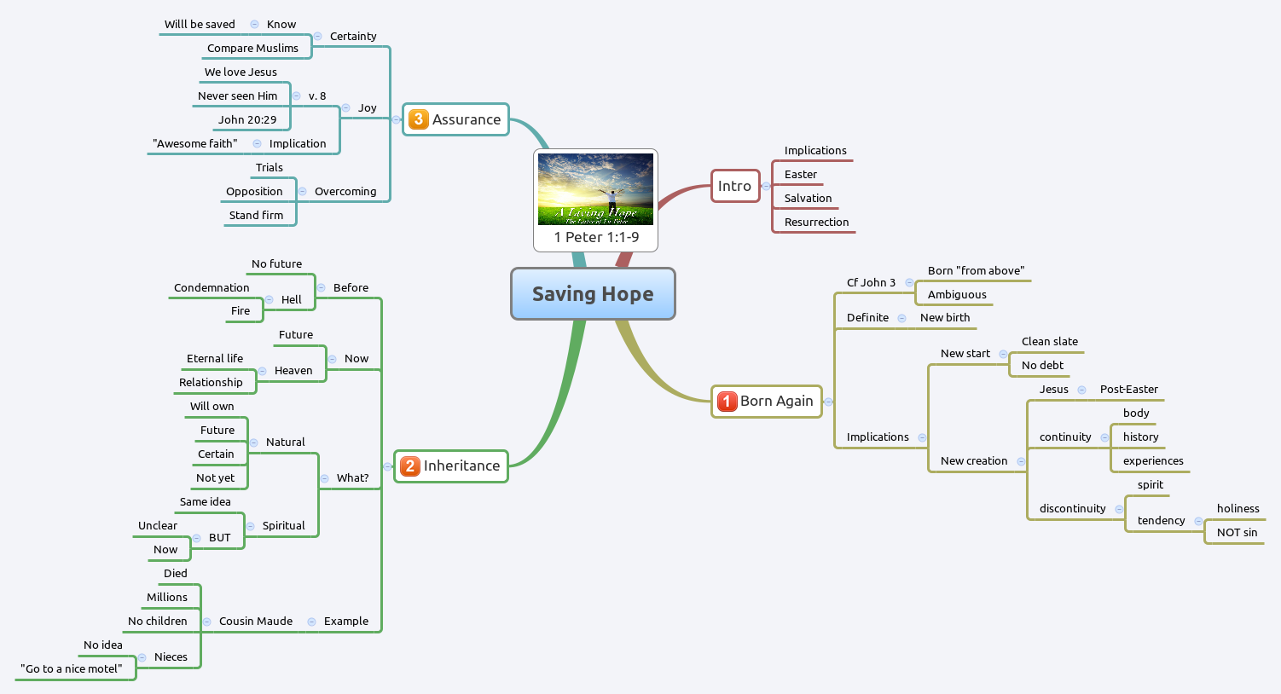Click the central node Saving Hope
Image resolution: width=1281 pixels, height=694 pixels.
click(x=593, y=294)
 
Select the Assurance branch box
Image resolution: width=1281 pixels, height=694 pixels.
click(x=456, y=119)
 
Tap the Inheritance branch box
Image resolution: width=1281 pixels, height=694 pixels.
click(x=451, y=466)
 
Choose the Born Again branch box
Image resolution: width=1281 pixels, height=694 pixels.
click(x=767, y=402)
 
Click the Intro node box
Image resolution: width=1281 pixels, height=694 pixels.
click(x=734, y=186)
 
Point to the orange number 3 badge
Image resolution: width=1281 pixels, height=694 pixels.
click(x=418, y=119)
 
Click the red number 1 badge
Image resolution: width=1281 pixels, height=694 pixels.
click(x=727, y=402)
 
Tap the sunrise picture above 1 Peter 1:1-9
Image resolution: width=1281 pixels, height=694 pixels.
click(x=595, y=188)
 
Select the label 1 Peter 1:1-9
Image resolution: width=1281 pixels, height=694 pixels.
click(x=596, y=237)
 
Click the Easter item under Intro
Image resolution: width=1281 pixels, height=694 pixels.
click(x=801, y=175)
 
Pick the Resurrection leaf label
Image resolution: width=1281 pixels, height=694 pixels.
click(x=816, y=223)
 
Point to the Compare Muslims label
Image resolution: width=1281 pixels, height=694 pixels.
click(x=252, y=49)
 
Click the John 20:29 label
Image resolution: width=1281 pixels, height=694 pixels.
click(x=247, y=120)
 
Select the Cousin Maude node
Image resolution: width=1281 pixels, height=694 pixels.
click(x=256, y=622)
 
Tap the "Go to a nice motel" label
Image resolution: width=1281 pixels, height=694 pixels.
click(x=72, y=669)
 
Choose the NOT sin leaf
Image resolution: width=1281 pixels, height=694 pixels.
click(x=1237, y=533)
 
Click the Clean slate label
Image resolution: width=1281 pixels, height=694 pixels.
click(x=1050, y=342)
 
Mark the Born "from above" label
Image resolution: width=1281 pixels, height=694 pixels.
click(x=976, y=271)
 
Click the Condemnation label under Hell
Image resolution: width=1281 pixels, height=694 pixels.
click(x=212, y=288)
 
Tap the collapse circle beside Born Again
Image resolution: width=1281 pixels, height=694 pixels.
click(x=828, y=402)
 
